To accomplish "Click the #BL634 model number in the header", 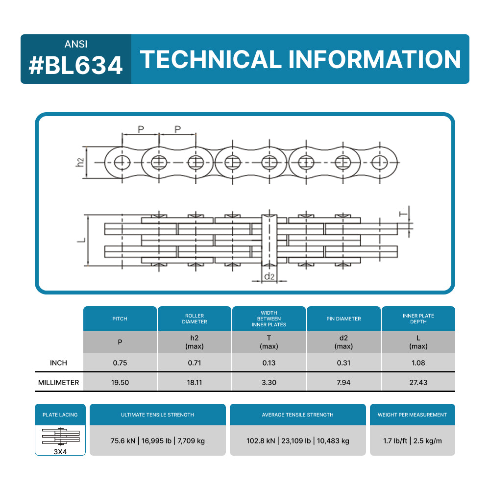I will (75, 66).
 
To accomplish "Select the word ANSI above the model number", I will (76, 44).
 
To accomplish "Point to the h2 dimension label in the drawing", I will (80, 162).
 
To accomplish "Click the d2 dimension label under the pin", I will (269, 276).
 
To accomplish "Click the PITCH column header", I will (120, 318).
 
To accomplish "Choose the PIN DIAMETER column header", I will (343, 318).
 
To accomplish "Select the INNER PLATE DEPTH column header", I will (418, 318).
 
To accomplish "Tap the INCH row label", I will (58, 363).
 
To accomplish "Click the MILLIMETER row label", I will (58, 382).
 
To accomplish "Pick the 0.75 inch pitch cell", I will (120, 363).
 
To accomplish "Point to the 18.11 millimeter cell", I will (194, 382).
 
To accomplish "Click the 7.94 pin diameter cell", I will (343, 382).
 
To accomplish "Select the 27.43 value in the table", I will (418, 382).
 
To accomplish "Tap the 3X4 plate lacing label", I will (60, 452).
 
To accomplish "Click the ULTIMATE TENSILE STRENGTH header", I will (157, 415).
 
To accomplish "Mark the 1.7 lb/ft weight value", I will (394, 441).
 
